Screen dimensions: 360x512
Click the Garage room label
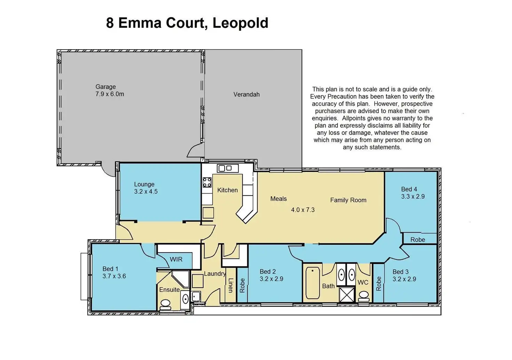(106, 87)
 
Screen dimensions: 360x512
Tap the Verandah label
(246, 94)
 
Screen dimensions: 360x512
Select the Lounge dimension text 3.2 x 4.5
(146, 191)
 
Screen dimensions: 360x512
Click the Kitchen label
(227, 190)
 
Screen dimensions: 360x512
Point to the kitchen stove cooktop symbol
(207, 182)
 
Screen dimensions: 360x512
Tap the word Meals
(279, 199)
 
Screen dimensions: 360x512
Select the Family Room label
(348, 200)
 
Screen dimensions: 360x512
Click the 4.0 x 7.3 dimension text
(303, 210)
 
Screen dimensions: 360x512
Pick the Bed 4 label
(409, 189)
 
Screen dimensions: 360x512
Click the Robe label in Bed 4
(417, 240)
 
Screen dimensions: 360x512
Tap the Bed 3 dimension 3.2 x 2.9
(404, 279)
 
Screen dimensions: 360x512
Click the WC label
(363, 282)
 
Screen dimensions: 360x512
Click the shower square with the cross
(346, 294)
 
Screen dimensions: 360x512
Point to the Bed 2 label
(268, 272)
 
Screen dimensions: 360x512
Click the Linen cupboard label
(230, 285)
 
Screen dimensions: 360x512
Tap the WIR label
(176, 259)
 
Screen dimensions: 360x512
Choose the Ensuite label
(169, 290)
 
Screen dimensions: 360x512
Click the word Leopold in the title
(240, 23)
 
